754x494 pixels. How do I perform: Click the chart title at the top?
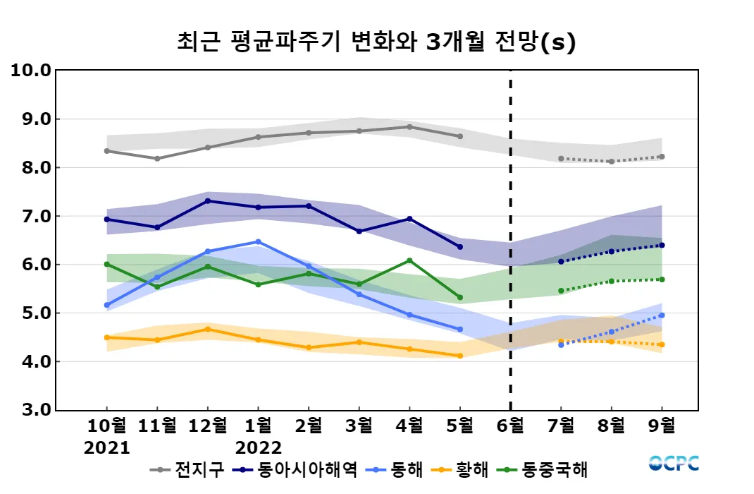376,42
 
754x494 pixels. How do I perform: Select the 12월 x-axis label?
207,426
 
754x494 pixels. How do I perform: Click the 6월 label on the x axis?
510,426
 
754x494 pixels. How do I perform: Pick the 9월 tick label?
661,426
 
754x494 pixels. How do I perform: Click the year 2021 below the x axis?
107,447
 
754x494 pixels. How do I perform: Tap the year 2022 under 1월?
258,447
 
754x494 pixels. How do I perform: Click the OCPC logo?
674,463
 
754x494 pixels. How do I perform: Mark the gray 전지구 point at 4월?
409,127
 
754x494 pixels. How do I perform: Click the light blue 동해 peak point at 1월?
258,241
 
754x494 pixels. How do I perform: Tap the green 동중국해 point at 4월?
409,260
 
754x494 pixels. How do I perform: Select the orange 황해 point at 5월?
460,356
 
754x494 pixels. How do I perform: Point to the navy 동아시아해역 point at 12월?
207,200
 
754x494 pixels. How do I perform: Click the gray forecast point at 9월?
662,157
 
